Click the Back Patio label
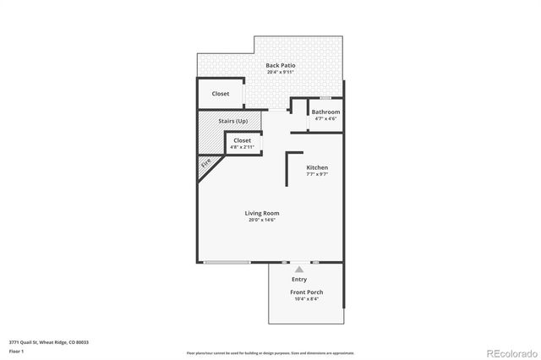(279, 66)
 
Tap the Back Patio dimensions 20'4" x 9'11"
(279, 73)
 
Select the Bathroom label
(325, 112)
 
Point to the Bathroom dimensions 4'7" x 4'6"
(325, 119)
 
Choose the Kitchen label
(317, 167)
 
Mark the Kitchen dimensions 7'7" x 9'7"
(317, 174)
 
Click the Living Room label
(262, 213)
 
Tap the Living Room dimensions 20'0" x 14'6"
(262, 220)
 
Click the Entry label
(299, 280)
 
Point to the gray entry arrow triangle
(298, 269)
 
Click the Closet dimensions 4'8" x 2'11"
(243, 147)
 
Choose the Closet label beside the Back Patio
(220, 94)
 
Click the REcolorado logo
(504, 352)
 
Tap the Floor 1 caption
(16, 350)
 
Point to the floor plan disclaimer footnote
(270, 353)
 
